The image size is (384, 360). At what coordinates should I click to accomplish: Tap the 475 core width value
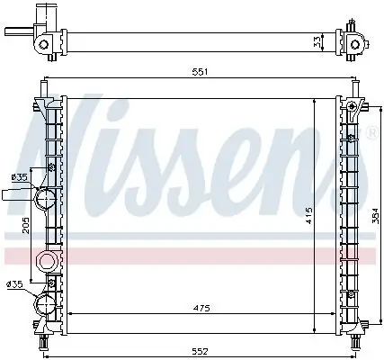coord(201,309)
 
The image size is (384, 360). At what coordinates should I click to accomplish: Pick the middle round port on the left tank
coord(47,262)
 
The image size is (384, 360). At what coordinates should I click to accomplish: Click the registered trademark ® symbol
coord(371,133)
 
